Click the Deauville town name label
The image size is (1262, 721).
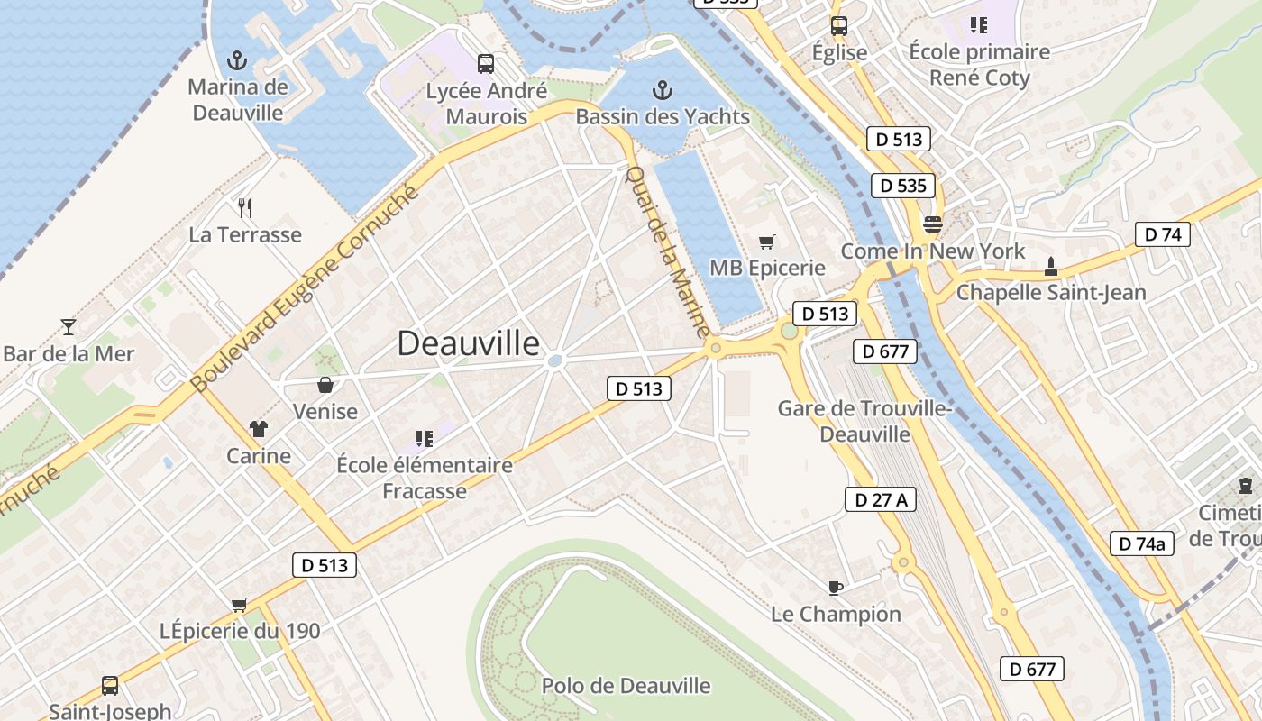[x=469, y=343]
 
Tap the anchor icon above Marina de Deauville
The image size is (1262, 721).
[x=236, y=61]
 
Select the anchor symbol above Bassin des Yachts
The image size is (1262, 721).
[x=663, y=90]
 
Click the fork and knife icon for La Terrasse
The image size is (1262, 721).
[x=245, y=208]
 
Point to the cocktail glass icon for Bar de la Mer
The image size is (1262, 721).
[x=69, y=326]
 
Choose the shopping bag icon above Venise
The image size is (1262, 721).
[x=325, y=385]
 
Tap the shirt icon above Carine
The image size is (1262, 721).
[x=260, y=429]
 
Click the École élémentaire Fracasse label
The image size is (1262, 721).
[x=425, y=478]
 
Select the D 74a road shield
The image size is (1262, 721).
[x=1141, y=543]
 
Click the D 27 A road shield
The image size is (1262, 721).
[x=880, y=499]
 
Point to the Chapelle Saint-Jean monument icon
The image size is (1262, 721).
[x=1050, y=267]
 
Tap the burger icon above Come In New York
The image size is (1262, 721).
[x=932, y=224]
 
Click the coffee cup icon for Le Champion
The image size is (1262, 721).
[x=836, y=588]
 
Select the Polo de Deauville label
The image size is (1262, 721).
[x=626, y=686]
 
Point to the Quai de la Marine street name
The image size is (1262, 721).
[x=668, y=251]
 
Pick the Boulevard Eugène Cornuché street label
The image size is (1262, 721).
[x=306, y=288]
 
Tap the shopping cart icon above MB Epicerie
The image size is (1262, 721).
[x=767, y=242]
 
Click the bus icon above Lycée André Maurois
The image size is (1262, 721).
[x=486, y=64]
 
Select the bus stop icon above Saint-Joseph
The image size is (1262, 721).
[x=110, y=686]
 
